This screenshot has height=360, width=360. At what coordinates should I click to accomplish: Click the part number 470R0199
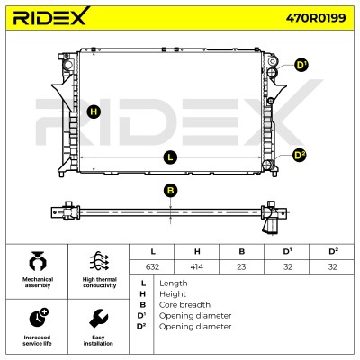pyautogui.click(x=316, y=18)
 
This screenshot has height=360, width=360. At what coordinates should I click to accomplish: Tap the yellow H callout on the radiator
pyautogui.click(x=94, y=112)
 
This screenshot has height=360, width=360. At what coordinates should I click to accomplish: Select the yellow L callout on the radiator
pyautogui.click(x=170, y=157)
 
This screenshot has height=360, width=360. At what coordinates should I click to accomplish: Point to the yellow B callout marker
pyautogui.click(x=170, y=191)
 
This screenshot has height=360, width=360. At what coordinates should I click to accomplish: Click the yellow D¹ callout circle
pyautogui.click(x=301, y=65)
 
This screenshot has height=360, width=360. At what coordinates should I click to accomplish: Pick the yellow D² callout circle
pyautogui.click(x=300, y=156)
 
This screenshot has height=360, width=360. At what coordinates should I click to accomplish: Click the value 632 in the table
pyautogui.click(x=152, y=266)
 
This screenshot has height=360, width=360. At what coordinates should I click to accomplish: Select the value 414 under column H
pyautogui.click(x=197, y=266)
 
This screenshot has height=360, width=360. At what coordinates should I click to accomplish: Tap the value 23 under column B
pyautogui.click(x=241, y=266)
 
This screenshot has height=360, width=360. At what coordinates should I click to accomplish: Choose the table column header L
pyautogui.click(x=153, y=251)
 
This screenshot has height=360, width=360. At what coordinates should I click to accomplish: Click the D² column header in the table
pyautogui.click(x=333, y=251)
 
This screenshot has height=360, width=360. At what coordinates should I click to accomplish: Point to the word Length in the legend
pyautogui.click(x=174, y=283)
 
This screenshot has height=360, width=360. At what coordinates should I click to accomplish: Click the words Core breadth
pyautogui.click(x=184, y=305)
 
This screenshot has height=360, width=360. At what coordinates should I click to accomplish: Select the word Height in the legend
pyautogui.click(x=173, y=294)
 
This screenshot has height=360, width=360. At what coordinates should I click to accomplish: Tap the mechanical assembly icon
pyautogui.click(x=37, y=261)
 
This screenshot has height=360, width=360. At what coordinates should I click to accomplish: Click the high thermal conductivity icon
pyautogui.click(x=99, y=261)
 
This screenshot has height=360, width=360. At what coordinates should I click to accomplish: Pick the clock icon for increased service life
pyautogui.click(x=39, y=318)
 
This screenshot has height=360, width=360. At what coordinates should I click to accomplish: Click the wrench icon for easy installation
pyautogui.click(x=99, y=319)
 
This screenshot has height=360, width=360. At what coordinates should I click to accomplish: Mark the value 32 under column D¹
pyautogui.click(x=288, y=266)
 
